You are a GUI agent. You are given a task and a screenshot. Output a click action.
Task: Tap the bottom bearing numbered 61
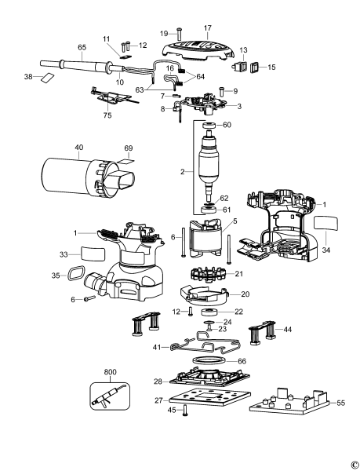pyautogui.click(x=210, y=210)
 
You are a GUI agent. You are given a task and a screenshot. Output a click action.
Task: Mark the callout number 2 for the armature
pyautogui.click(x=184, y=170)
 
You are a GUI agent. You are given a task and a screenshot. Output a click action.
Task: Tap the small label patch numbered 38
pyautogui.click(x=48, y=77)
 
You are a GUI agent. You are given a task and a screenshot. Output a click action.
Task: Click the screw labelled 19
pyautogui.click(x=180, y=34)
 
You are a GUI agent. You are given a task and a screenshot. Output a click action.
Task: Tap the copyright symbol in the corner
pyautogui.click(x=355, y=464)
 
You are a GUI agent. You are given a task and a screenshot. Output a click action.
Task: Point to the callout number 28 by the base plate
pyautogui.click(x=158, y=381)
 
